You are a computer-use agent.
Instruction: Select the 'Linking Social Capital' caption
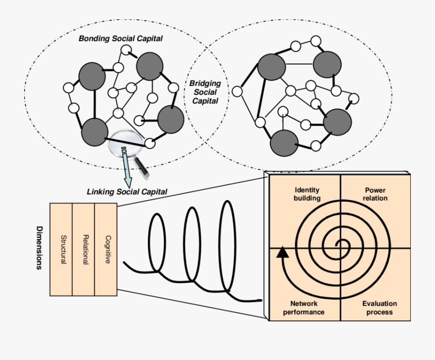tap(127, 192)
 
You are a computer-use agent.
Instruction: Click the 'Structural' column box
tap(61, 249)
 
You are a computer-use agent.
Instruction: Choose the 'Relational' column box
tap(84, 249)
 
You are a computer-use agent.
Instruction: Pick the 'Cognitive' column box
tap(106, 249)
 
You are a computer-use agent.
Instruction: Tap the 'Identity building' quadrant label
tap(306, 194)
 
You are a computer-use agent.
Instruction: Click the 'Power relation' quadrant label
tap(376, 194)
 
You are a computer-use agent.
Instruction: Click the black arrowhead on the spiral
tap(282, 252)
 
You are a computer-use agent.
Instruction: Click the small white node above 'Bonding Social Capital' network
tap(126, 50)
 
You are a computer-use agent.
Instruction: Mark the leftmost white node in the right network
tap(237, 91)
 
